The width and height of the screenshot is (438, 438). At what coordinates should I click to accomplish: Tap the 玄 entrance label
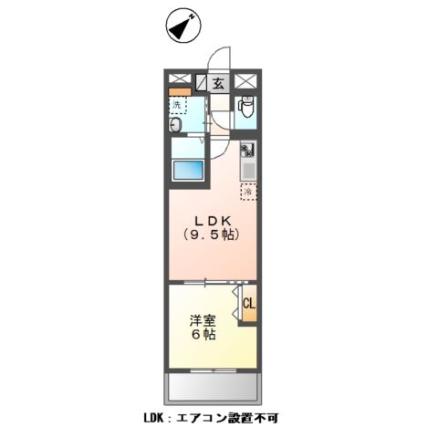[x=219, y=82]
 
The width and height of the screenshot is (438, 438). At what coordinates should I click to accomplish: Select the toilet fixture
[x=245, y=109]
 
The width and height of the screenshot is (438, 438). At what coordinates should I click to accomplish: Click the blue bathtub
[x=191, y=170]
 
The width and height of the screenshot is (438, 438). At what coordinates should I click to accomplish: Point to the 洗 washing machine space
[x=178, y=105]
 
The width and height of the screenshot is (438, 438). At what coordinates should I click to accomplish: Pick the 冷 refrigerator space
[x=247, y=191]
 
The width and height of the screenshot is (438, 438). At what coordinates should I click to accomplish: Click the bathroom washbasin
[x=177, y=125]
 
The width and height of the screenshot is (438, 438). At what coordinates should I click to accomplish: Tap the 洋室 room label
[x=202, y=321]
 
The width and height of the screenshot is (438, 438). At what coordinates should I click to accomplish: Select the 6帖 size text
[x=202, y=336]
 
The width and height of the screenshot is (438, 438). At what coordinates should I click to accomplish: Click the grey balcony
[x=212, y=388]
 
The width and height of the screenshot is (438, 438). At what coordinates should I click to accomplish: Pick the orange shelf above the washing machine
[x=179, y=93]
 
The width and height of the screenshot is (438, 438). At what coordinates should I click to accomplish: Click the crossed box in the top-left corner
[x=178, y=80]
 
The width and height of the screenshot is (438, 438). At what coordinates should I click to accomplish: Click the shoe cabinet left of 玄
[x=201, y=82]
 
